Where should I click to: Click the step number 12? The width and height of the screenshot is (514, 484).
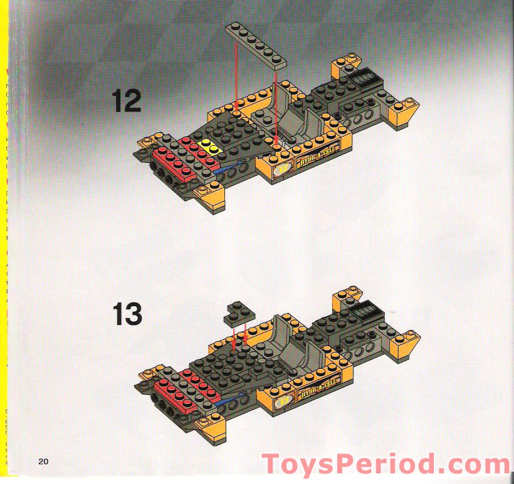pos(127,100)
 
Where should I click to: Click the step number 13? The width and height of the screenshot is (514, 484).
pos(127,314)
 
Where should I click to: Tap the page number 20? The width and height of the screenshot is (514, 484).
pos(43,461)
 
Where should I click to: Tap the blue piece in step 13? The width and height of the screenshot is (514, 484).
pos(221,403)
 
